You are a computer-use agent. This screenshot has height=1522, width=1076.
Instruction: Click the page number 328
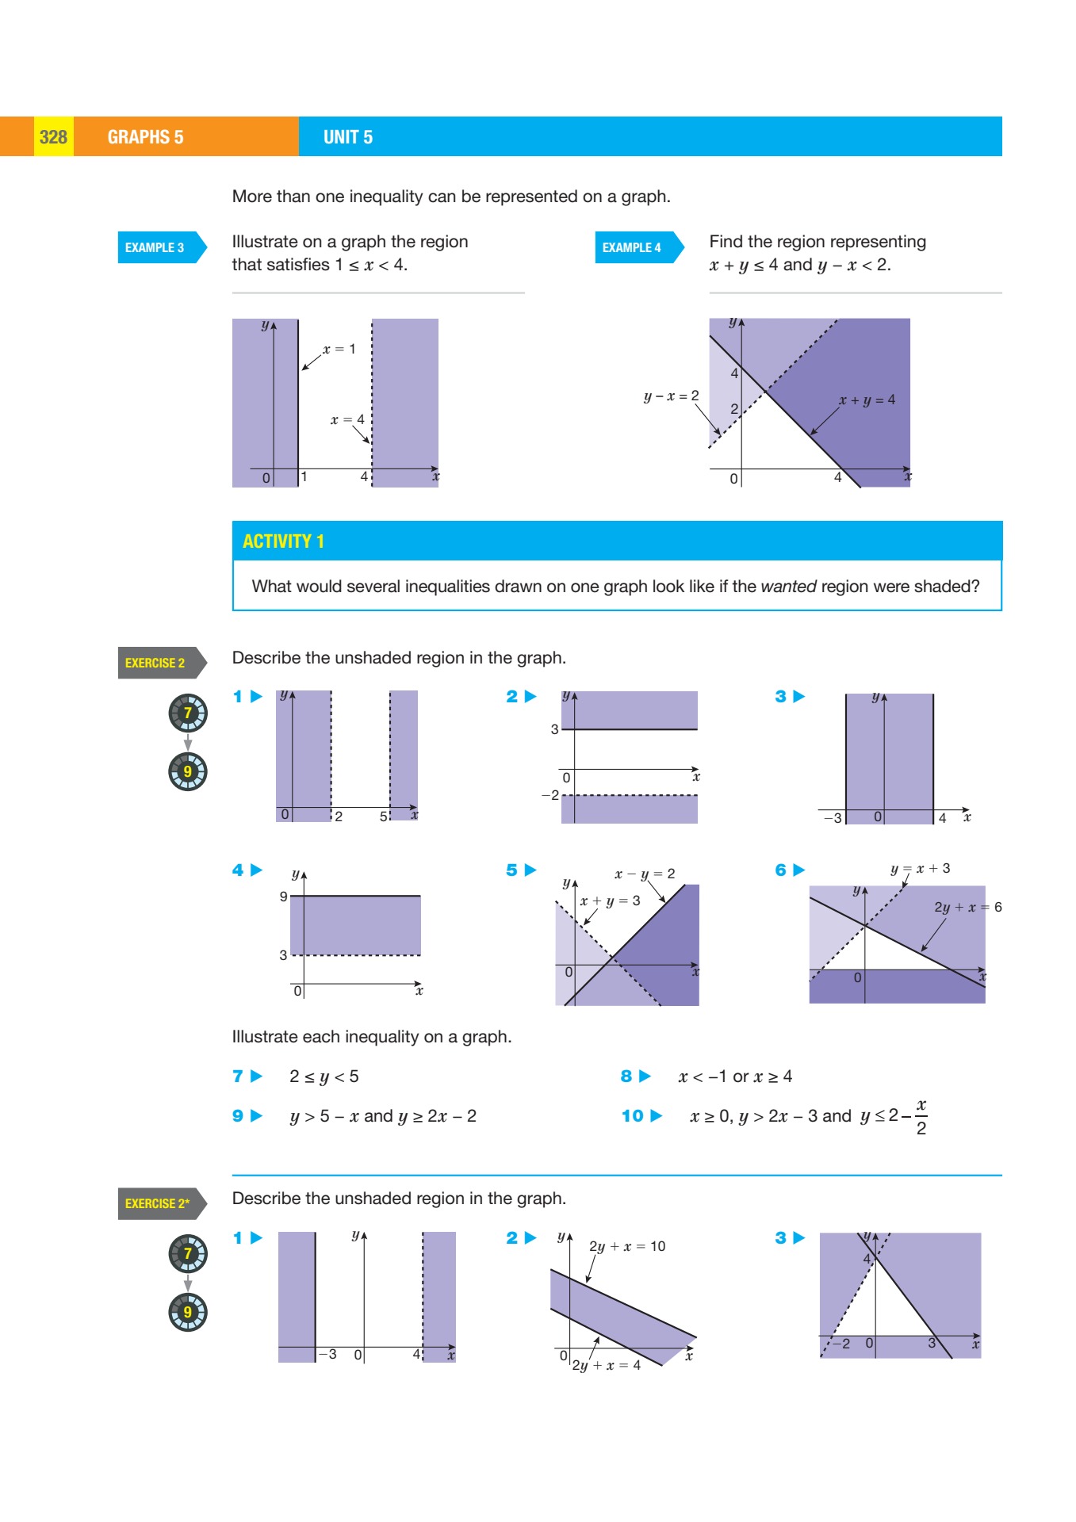[x=53, y=137]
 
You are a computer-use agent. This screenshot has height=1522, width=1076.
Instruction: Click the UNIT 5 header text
[x=347, y=137]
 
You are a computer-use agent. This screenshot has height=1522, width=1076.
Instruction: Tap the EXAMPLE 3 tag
[x=155, y=247]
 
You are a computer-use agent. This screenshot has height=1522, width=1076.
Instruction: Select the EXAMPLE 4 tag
[x=633, y=247]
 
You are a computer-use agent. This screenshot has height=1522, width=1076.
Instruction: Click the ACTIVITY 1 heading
[x=283, y=541]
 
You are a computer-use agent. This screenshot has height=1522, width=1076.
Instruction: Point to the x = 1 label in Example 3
[x=339, y=349]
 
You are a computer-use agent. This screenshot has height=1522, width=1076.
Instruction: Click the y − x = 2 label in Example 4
[x=671, y=396]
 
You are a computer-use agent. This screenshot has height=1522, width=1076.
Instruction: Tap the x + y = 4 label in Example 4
[x=867, y=400]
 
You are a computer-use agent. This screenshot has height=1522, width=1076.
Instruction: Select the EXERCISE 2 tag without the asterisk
[x=155, y=663]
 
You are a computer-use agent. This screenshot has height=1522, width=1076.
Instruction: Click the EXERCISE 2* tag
[x=157, y=1203]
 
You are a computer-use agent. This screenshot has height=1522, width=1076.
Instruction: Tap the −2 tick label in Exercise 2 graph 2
[x=550, y=795]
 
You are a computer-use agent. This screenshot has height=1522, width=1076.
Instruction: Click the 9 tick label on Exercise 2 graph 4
[x=283, y=897]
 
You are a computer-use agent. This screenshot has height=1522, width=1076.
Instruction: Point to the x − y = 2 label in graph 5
[x=645, y=874]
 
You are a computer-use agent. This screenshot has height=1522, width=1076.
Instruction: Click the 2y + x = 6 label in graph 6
[x=967, y=907]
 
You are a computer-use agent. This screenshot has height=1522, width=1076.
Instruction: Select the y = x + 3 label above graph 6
[x=920, y=868]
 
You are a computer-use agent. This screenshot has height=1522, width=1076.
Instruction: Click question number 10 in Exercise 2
[x=633, y=1116]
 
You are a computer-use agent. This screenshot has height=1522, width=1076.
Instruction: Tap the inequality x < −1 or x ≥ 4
[x=735, y=1076]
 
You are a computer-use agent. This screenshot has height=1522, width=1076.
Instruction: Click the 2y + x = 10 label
[x=627, y=1246]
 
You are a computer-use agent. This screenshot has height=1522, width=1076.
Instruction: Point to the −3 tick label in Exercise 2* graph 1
[x=327, y=1354]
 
